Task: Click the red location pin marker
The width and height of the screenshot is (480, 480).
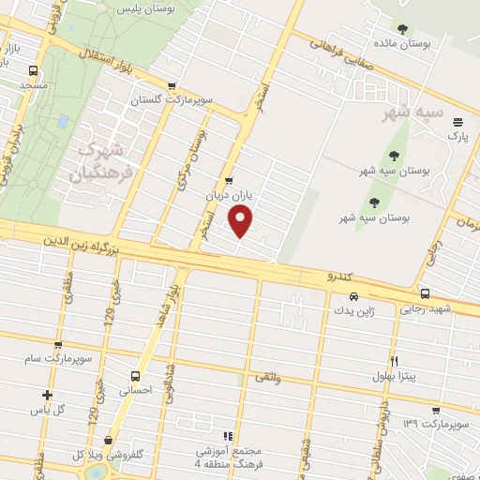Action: [242, 222]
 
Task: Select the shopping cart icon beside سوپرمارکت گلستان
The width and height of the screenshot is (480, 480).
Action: [172, 86]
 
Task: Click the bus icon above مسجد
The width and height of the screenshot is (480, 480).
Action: [35, 70]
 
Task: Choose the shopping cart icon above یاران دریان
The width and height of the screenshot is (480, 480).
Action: [230, 182]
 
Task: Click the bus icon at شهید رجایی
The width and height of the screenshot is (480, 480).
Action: [426, 293]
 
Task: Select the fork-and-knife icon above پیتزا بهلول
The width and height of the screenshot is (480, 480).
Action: [394, 361]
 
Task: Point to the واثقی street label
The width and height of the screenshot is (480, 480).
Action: [267, 377]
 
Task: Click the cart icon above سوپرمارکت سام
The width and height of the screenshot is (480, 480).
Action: [59, 345]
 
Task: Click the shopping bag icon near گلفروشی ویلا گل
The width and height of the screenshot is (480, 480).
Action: [110, 440]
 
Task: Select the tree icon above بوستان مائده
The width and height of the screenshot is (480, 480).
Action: [403, 29]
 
